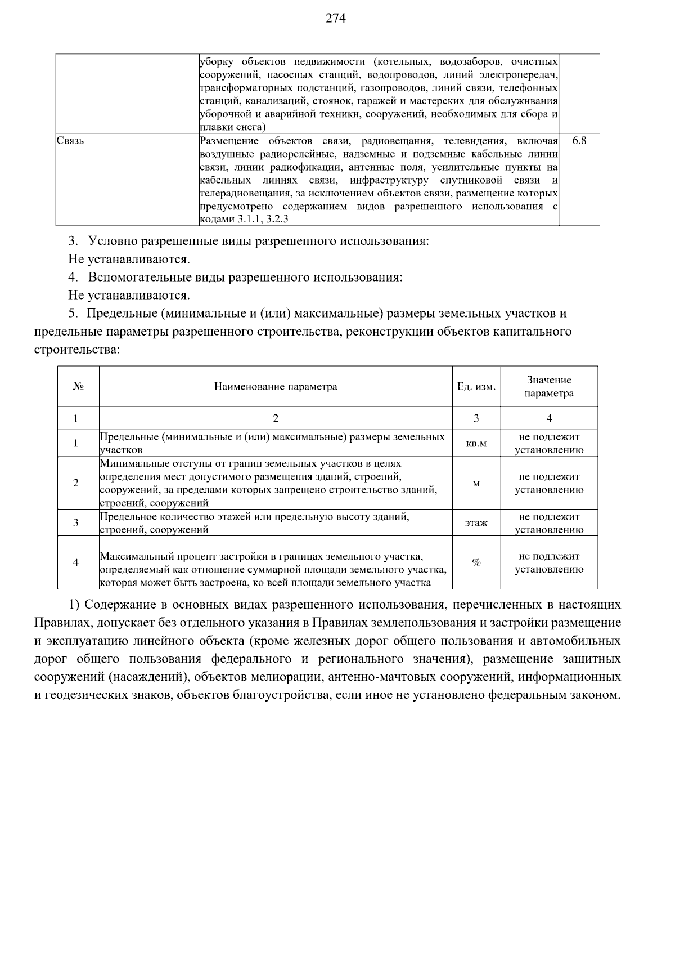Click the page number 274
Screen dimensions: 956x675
click(x=336, y=19)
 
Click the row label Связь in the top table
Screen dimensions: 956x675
click(x=70, y=141)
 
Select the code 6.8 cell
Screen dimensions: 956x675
click(x=579, y=141)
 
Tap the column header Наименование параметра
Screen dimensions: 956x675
click(x=276, y=387)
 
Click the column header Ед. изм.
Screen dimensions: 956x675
click(x=476, y=387)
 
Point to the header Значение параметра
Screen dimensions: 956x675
click(x=549, y=387)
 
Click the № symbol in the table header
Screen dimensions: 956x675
click(x=78, y=387)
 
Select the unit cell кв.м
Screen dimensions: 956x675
click(x=476, y=444)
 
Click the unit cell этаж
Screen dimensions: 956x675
click(x=476, y=523)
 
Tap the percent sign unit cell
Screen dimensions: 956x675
click(x=476, y=562)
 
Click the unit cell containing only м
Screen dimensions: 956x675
click(x=476, y=484)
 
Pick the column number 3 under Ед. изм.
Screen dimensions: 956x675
click(x=476, y=418)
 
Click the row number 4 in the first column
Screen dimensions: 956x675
click(x=76, y=562)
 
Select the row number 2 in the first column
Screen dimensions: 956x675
click(x=76, y=483)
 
